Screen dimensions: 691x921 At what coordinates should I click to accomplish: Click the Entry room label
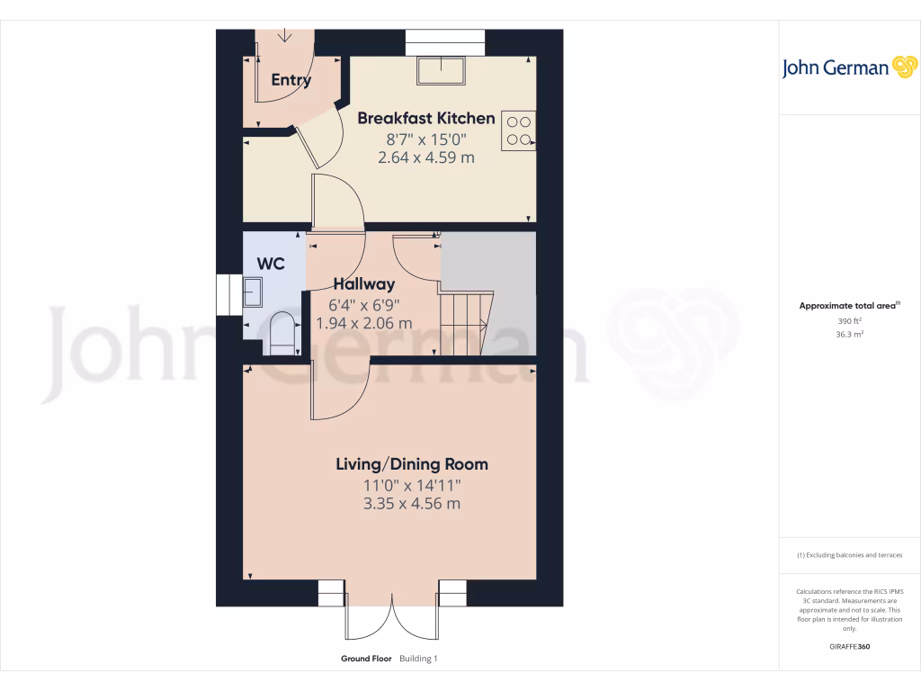coord(291,80)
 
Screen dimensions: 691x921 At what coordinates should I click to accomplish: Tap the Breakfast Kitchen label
coord(426,118)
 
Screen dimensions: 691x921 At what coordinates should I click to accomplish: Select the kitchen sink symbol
coord(441,69)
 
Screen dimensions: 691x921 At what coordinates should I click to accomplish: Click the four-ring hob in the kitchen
coord(517,130)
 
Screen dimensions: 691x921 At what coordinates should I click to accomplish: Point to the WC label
coord(271,264)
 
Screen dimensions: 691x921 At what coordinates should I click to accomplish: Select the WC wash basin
coord(253,291)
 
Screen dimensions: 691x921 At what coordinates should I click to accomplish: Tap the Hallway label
coord(364,284)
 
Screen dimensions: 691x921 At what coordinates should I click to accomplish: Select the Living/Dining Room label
coord(412,464)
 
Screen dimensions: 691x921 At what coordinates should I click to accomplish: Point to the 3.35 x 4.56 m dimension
coord(411,504)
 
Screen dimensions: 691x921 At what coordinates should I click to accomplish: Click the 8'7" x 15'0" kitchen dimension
coord(426,139)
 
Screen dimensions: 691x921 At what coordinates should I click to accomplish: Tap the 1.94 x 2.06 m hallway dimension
coord(364,323)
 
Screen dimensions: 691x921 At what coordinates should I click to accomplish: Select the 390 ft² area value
coord(848,320)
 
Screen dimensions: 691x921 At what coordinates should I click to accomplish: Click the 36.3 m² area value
coord(848,334)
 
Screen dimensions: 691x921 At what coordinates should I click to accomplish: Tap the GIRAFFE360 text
coord(848,647)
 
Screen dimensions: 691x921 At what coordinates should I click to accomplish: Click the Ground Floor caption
coord(366,659)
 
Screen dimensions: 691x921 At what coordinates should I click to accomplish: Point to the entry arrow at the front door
coord(285,36)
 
